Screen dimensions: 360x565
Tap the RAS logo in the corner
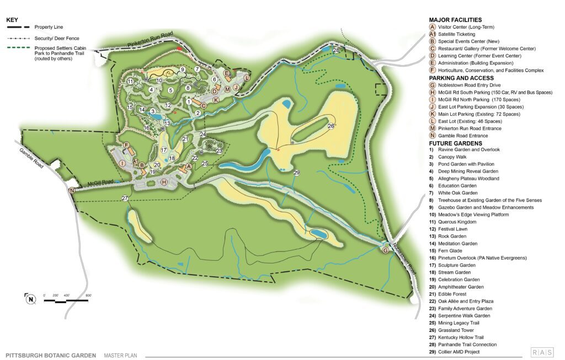543,352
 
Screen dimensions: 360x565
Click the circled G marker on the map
385,250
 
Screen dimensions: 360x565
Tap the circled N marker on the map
72,191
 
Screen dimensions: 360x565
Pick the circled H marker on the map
163,182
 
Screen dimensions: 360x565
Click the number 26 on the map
331,126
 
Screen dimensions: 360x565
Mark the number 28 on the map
337,51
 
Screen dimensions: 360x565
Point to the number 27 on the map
125,198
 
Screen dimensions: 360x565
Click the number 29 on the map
296,173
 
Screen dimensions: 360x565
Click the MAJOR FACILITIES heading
455,20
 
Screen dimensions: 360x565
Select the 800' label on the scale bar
88,295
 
